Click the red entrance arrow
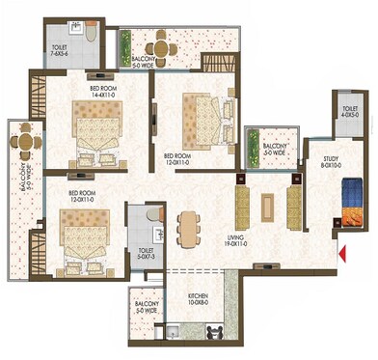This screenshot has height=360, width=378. click(341, 254)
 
